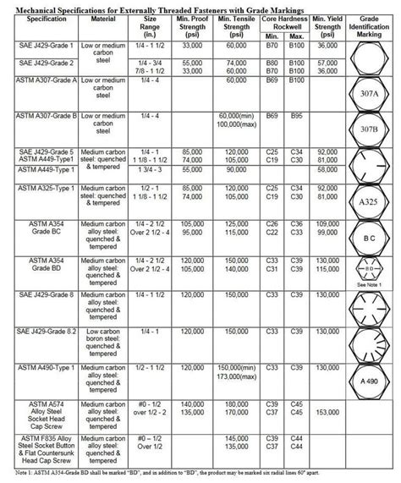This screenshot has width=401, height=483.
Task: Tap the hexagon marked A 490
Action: [x=369, y=381]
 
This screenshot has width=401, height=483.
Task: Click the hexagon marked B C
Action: [x=369, y=239]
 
